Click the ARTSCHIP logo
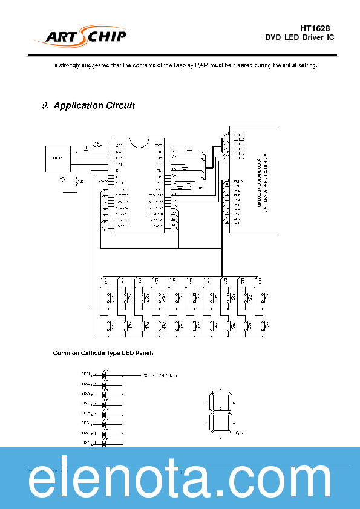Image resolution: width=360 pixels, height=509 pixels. coord(85,37)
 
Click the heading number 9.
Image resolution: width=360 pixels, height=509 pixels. coord(45,106)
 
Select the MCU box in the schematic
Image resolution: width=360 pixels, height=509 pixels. coord(57,159)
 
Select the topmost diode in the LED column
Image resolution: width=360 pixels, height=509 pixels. coord(104,375)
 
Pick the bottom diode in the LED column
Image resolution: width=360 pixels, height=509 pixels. coord(104,444)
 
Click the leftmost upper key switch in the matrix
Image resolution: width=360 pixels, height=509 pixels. coord(109,297)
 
